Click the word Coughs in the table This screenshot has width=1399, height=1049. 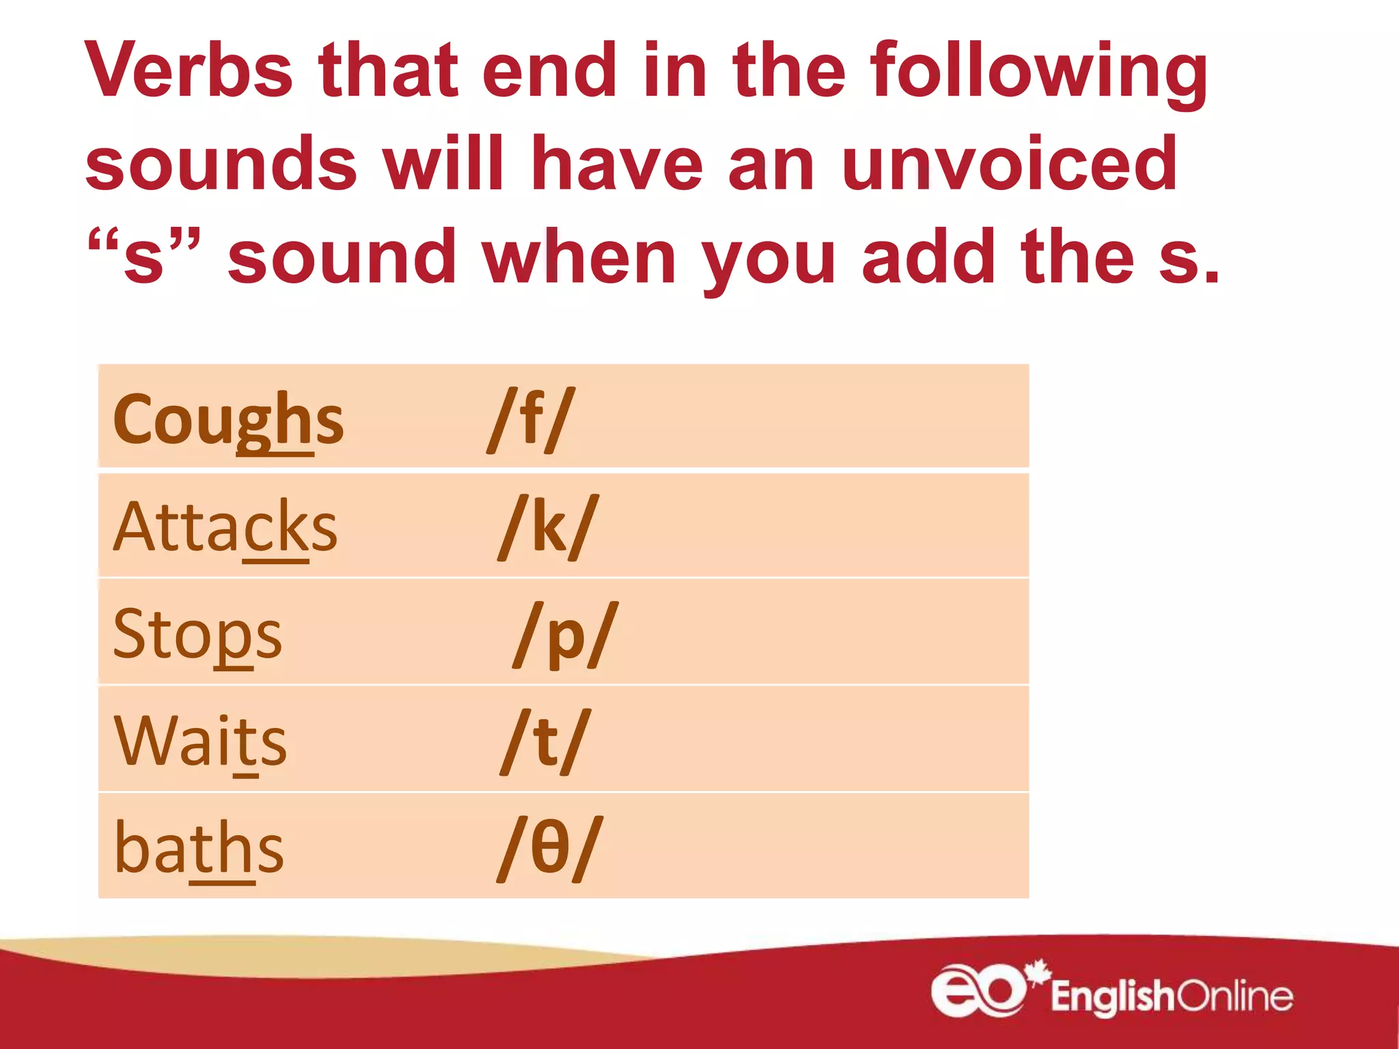coord(228,420)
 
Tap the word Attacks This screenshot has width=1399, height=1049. coord(225,527)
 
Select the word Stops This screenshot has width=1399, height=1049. coord(197,634)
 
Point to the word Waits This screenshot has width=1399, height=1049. coord(201,742)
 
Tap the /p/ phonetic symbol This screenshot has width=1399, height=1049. coord(566,634)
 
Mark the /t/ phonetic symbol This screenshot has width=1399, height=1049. coord(544,742)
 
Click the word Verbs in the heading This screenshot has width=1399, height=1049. coord(189,71)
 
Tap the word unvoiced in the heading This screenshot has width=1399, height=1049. coord(1010,164)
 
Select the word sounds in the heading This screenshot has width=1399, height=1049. coord(221,164)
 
